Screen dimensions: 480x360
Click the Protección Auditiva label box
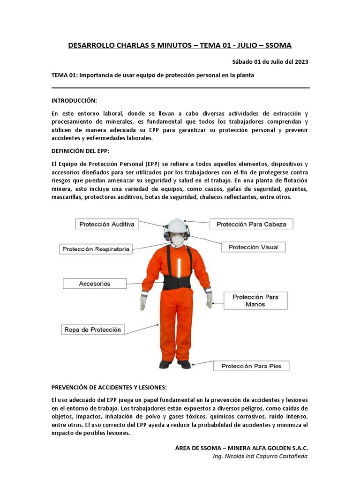107,225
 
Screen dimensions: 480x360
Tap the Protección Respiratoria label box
96,249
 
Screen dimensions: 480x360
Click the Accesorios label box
95,284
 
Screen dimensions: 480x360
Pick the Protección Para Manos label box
255,300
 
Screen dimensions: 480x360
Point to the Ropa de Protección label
92,330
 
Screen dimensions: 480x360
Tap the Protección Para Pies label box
251,366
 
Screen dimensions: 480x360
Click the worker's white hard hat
177,225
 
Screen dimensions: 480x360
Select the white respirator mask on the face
177,241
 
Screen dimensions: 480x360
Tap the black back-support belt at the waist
177,283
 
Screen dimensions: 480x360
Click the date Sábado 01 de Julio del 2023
270,61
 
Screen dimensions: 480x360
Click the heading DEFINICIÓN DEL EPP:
80,150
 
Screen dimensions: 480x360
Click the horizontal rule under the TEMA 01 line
180,88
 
